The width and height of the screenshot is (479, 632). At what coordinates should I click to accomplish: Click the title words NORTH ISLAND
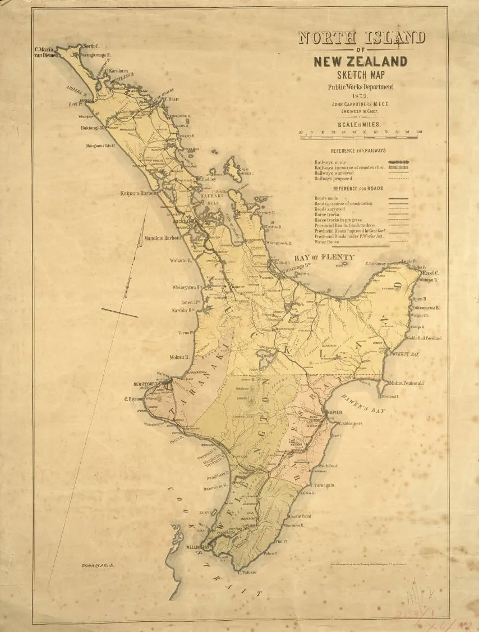click(x=362, y=38)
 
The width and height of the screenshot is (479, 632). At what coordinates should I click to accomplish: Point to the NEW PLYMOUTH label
click(x=148, y=384)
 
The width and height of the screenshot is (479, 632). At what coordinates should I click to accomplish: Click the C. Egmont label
click(x=135, y=400)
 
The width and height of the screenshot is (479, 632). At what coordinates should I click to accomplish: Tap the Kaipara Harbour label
click(x=139, y=193)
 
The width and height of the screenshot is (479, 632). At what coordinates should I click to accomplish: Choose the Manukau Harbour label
click(x=162, y=238)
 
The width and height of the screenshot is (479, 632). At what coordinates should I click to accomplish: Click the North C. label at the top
click(x=91, y=46)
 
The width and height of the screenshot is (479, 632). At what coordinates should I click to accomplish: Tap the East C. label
click(x=429, y=271)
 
